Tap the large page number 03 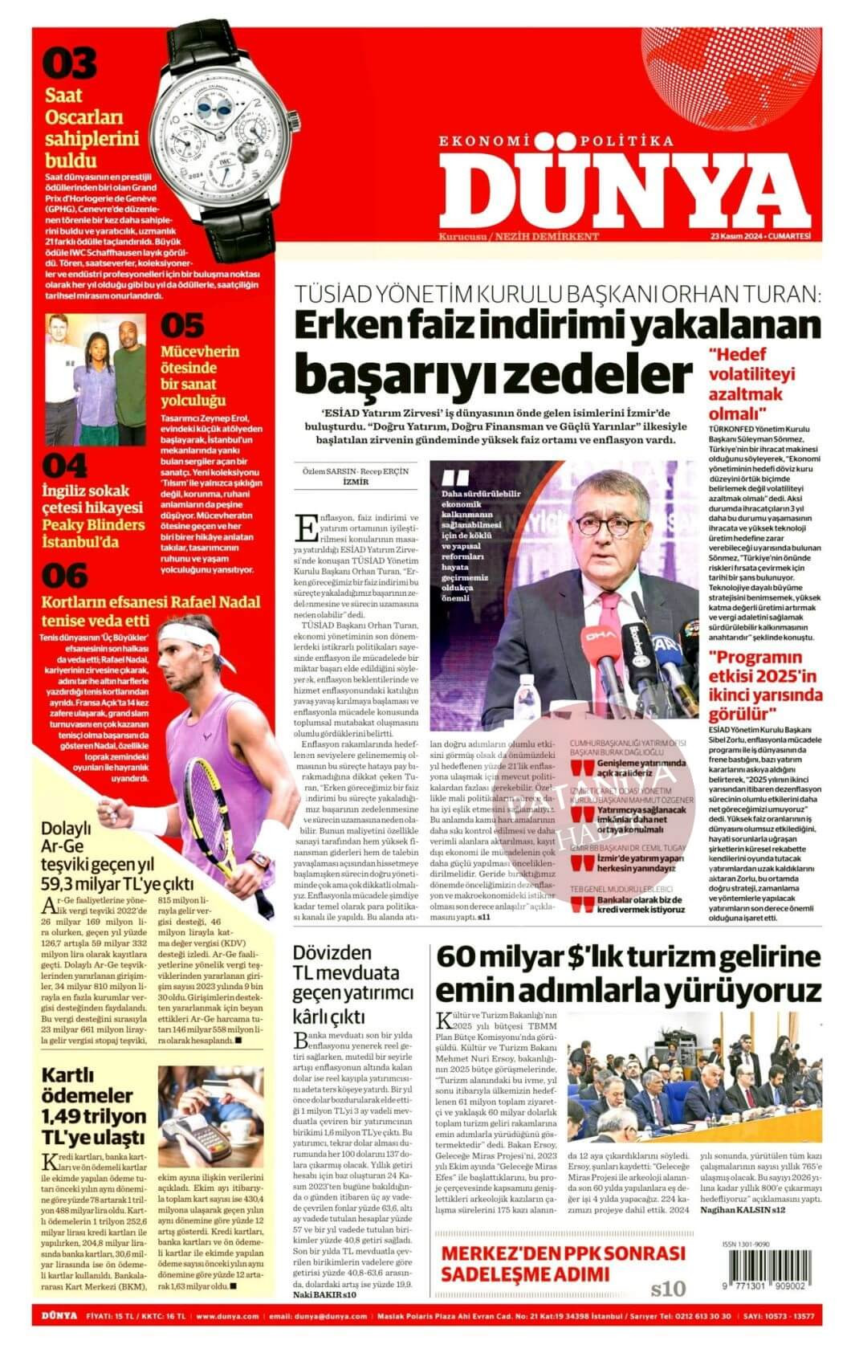[x=70, y=63]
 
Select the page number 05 [x=183, y=326]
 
